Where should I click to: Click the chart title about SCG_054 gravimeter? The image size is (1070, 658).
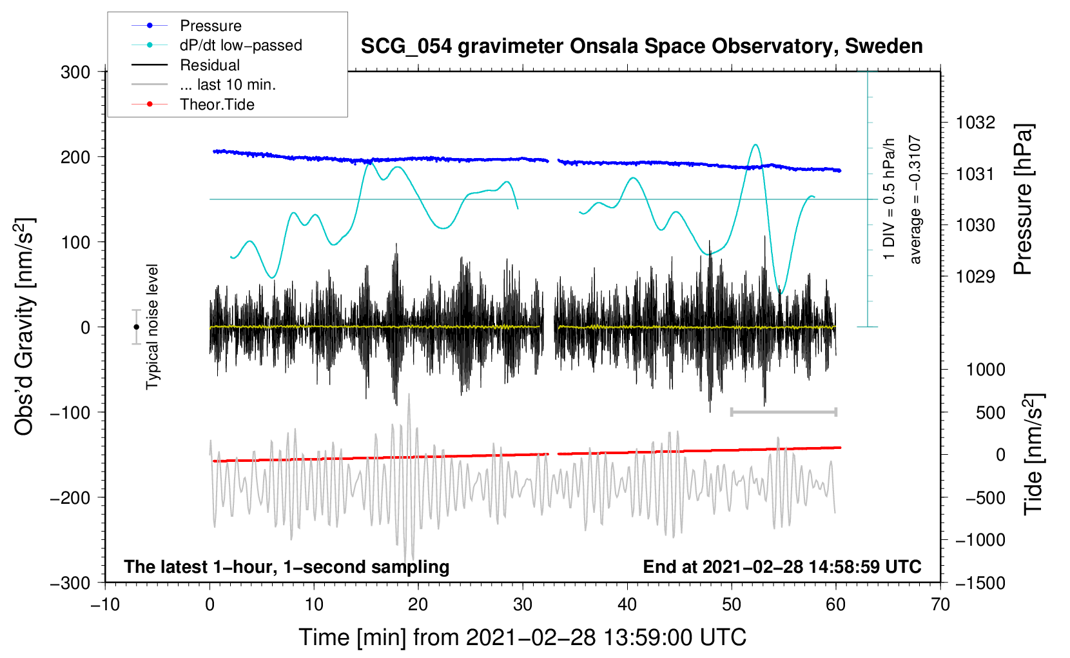(x=641, y=46)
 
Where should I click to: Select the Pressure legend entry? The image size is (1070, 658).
(x=210, y=26)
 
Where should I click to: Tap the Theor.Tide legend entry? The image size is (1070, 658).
(x=217, y=105)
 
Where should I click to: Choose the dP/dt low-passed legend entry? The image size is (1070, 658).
(x=240, y=45)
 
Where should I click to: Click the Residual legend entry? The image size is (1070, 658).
(x=209, y=65)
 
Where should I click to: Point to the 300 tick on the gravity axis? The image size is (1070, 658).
(x=75, y=72)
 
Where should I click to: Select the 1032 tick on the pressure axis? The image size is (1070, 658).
(x=975, y=123)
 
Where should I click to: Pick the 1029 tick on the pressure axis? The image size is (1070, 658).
(x=975, y=277)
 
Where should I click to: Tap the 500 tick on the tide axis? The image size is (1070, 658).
(x=991, y=412)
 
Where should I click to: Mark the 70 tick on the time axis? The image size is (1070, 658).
(x=940, y=604)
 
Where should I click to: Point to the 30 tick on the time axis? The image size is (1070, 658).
(x=523, y=604)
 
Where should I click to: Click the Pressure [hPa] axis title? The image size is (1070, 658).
(x=1023, y=200)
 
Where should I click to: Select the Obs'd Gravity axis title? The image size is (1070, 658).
(x=24, y=327)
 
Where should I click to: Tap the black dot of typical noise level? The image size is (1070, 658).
(x=136, y=327)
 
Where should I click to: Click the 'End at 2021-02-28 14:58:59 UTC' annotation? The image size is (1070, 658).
(x=782, y=566)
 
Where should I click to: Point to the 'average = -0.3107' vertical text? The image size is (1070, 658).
(x=915, y=200)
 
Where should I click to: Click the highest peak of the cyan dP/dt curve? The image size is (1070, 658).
(x=755, y=145)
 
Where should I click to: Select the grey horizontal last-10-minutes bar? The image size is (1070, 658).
(x=783, y=412)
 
